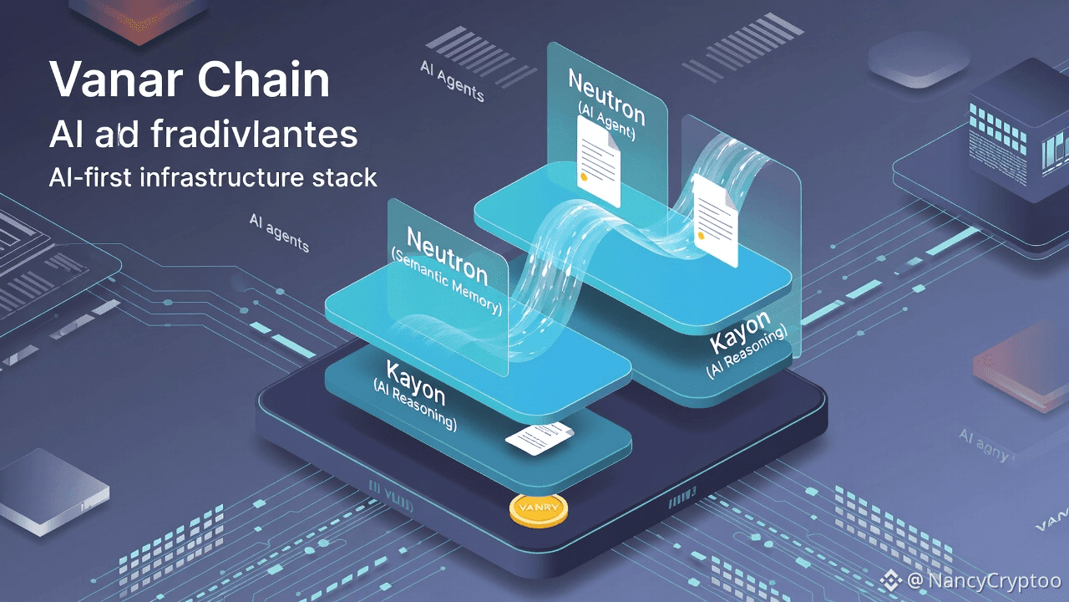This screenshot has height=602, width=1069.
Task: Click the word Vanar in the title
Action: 115,81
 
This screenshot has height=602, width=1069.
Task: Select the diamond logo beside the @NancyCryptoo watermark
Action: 891,579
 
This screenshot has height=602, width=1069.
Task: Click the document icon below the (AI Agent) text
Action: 598,161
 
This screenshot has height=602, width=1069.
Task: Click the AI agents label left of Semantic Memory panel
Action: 279,232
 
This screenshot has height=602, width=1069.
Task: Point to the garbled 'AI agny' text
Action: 983,444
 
